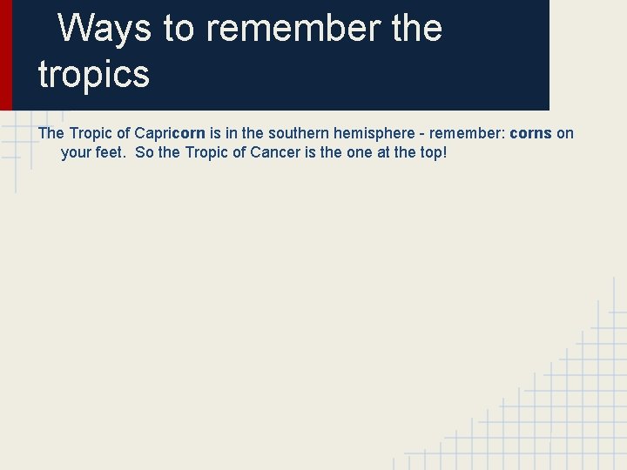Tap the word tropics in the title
coord(94,75)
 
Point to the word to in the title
coord(179,29)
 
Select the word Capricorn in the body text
coord(170,133)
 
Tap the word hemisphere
coord(364,133)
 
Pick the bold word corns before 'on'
coord(530,133)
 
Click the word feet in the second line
coord(111,152)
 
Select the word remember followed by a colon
coord(457,133)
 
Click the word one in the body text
coord(348,152)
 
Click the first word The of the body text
coord(51,133)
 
